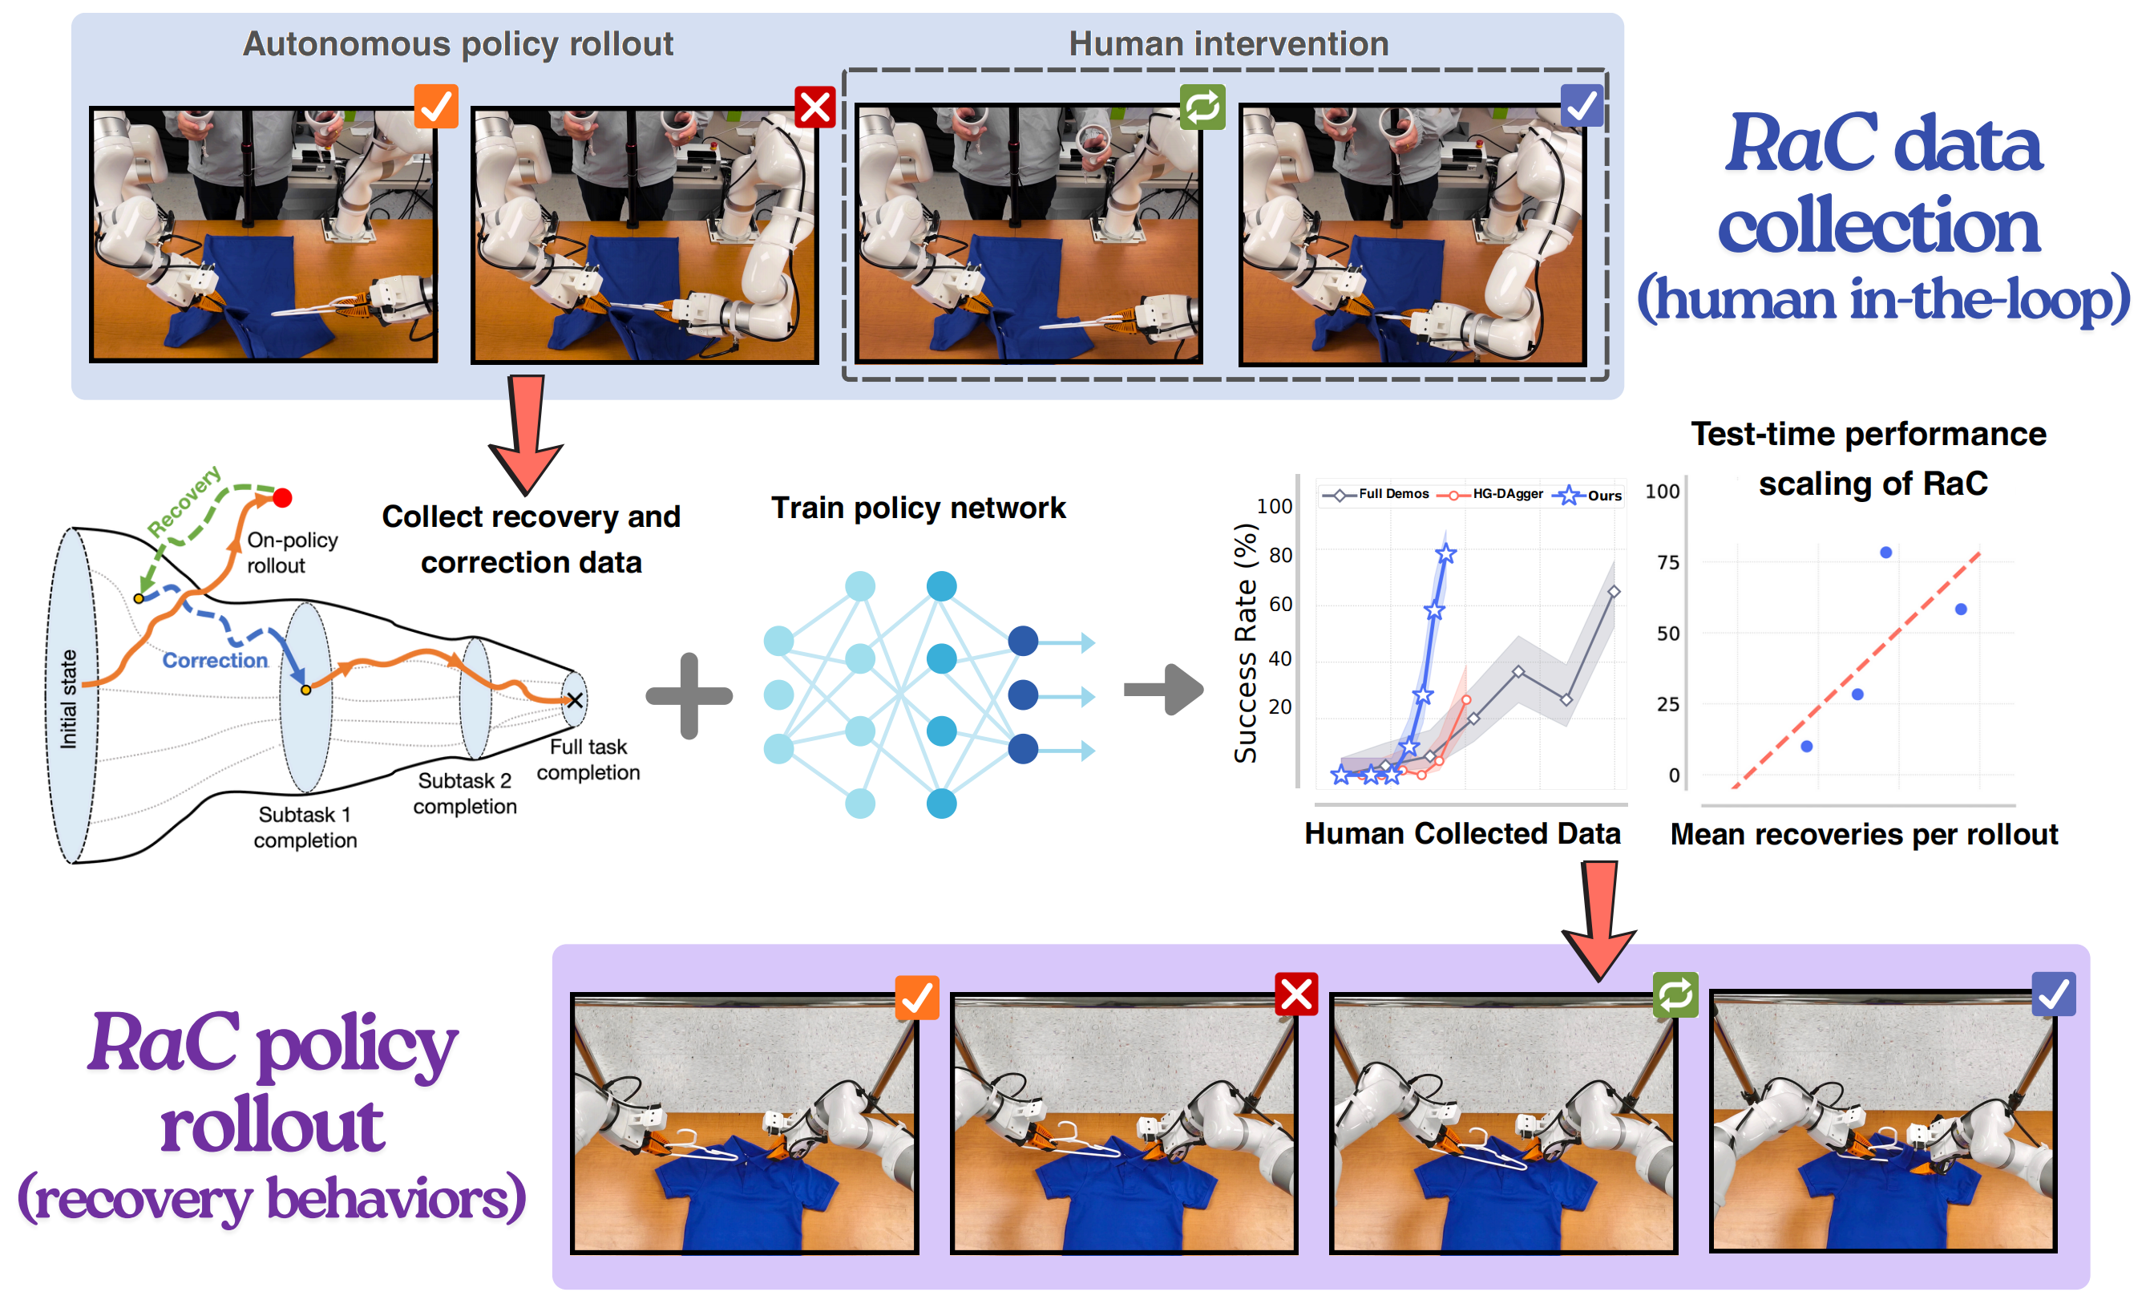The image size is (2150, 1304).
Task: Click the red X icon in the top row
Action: coord(815,107)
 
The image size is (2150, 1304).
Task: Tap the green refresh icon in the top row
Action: coord(1202,107)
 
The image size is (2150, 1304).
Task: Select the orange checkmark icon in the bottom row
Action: coord(916,997)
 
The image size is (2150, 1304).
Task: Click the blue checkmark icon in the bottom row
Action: coord(2053,994)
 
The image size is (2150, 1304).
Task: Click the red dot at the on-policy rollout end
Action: coord(282,497)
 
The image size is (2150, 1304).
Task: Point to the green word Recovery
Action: coord(184,502)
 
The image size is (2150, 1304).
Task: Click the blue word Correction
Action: coord(215,660)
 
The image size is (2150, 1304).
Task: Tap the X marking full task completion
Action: coord(574,699)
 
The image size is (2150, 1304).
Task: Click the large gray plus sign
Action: coord(689,695)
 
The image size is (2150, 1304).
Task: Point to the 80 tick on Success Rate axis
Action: coord(1280,555)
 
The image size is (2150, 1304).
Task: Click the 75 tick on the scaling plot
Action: coord(1667,562)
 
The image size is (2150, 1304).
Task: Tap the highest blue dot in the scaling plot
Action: coord(1885,553)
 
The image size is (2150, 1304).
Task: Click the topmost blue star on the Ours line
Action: coord(1446,553)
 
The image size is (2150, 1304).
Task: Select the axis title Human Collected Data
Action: coord(1462,833)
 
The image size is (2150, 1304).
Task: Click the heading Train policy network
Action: coord(918,507)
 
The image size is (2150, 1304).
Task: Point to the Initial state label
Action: coord(68,699)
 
